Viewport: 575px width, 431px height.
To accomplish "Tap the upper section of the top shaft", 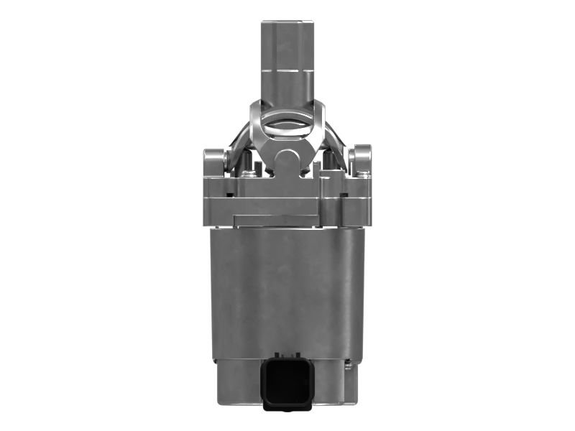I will click(287, 43).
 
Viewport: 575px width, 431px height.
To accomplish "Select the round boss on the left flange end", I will click(213, 156).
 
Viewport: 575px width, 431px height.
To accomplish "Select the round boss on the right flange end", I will click(362, 156).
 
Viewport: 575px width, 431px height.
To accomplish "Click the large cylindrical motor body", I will click(287, 287).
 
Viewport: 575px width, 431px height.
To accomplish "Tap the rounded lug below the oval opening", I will click(288, 159).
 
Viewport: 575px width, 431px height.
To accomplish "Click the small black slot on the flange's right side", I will click(348, 193).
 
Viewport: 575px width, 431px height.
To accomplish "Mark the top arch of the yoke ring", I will click(287, 105).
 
